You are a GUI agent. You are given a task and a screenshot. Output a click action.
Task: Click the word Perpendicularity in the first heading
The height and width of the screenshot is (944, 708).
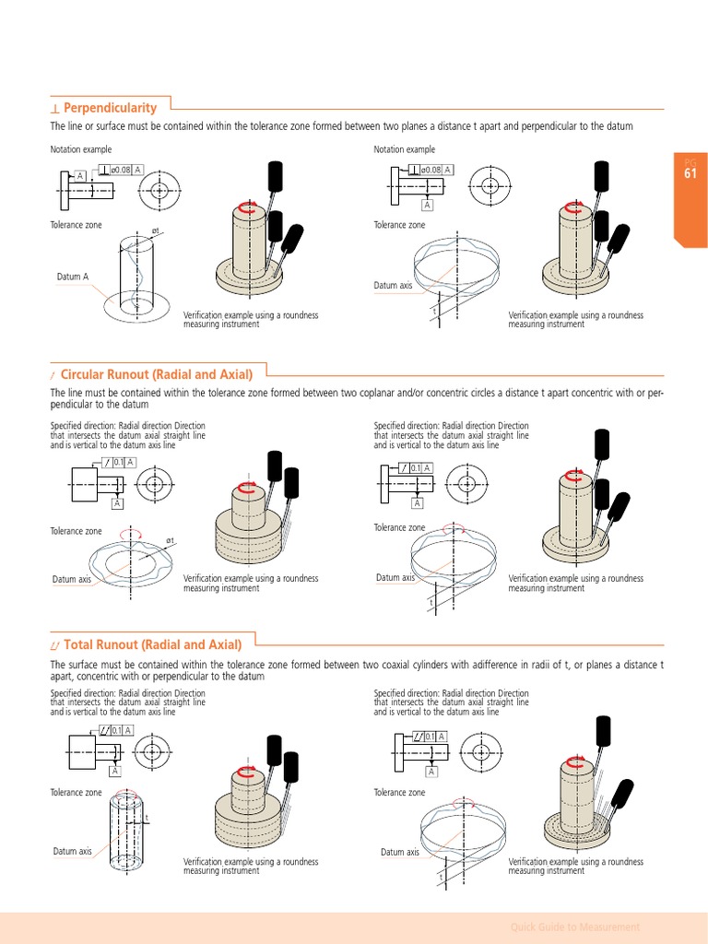[x=110, y=108]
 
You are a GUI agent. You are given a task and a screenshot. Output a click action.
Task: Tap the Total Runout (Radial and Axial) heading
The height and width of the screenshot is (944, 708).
[x=152, y=644]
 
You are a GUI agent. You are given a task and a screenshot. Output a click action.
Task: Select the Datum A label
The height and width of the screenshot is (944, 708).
[x=73, y=277]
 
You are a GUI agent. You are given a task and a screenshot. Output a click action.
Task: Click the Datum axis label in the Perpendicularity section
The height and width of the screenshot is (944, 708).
[x=393, y=286]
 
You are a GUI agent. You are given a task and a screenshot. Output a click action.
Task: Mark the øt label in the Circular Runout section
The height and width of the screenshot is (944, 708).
[x=171, y=540]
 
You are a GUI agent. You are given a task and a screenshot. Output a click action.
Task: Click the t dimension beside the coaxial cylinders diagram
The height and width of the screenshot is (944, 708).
[x=147, y=819]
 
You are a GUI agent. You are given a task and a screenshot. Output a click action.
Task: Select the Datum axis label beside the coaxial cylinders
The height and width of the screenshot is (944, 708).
[x=72, y=851]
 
